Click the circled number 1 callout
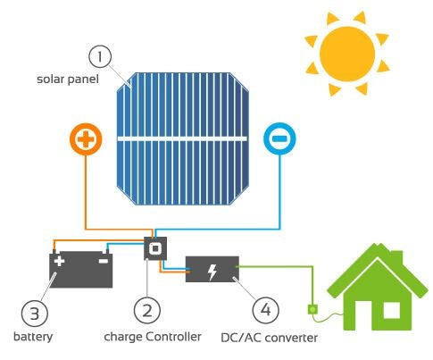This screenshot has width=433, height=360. click(100, 56)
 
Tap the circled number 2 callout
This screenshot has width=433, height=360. click(147, 311)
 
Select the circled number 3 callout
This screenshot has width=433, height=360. click(35, 314)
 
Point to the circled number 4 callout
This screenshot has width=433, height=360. click(265, 310)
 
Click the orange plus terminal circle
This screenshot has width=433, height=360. click(86, 139)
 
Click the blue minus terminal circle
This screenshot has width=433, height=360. click(279, 138)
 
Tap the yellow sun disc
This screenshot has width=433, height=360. click(347, 54)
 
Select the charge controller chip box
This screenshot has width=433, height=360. click(155, 248)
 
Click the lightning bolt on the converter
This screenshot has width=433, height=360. click(212, 272)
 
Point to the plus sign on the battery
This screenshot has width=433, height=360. click(59, 261)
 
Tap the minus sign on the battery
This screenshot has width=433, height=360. click(104, 261)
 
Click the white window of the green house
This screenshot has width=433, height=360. click(391, 310)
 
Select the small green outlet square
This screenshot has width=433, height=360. click(312, 310)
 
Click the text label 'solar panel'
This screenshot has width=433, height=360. click(68, 80)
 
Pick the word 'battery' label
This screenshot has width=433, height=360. click(33, 337)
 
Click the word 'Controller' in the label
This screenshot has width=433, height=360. click(173, 337)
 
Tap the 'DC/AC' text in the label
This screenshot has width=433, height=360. click(241, 338)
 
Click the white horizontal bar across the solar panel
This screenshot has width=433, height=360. click(182, 138)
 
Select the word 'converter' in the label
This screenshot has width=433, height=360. click(291, 339)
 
